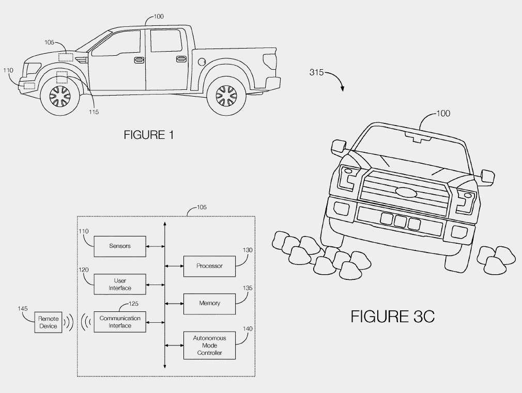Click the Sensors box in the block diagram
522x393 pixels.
pyautogui.click(x=119, y=246)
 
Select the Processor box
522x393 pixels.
pyautogui.click(x=209, y=266)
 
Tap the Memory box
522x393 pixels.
pyautogui.click(x=209, y=303)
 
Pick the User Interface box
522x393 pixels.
pyautogui.click(x=119, y=285)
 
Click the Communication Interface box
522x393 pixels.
pyautogui.click(x=119, y=322)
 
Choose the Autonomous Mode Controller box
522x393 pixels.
pyautogui.click(x=209, y=345)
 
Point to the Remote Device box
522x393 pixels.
pyautogui.click(x=48, y=323)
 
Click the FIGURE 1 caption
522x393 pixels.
pyautogui.click(x=149, y=135)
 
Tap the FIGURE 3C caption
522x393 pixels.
pyautogui.click(x=392, y=316)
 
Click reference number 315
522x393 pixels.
pyautogui.click(x=316, y=72)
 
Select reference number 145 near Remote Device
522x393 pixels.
pyautogui.click(x=22, y=309)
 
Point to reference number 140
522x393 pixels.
pyautogui.click(x=248, y=328)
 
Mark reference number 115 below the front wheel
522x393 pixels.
pyautogui.click(x=93, y=112)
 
